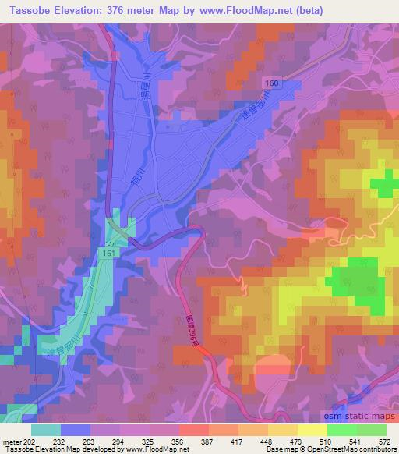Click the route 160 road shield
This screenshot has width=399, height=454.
pyautogui.click(x=270, y=83)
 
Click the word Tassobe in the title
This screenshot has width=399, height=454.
pyautogui.click(x=29, y=9)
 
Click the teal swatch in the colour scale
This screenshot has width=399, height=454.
pyautogui.click(x=46, y=429)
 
